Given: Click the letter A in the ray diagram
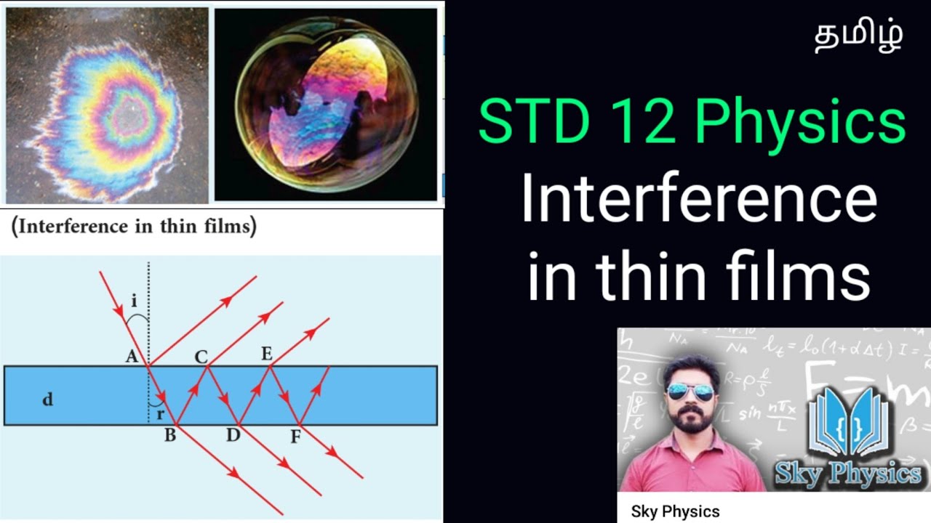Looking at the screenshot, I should click(x=132, y=357).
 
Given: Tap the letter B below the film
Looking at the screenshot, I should click(x=169, y=437).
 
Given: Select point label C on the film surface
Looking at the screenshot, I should click(x=201, y=357).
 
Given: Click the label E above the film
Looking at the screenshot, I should click(x=266, y=354).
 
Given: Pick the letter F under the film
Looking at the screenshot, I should click(x=295, y=437).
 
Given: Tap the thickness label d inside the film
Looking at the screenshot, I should click(x=47, y=399).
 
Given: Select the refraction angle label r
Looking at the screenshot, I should click(x=160, y=414).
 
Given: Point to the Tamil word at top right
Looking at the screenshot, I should click(x=859, y=36).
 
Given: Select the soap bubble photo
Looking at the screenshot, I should click(x=327, y=105).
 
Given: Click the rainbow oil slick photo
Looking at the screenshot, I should click(x=107, y=105).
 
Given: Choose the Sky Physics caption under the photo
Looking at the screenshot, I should click(x=675, y=511).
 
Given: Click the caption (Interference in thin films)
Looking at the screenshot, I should click(x=134, y=227).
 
